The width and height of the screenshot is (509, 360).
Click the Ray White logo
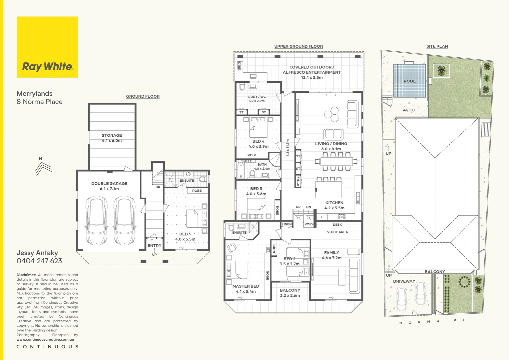pos(47,47)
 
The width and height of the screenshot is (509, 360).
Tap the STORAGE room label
pos(112,135)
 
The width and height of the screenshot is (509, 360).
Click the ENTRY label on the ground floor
pos(154,245)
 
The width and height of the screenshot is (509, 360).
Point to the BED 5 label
pos(185,234)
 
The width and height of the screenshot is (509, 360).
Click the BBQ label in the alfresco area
pos(239,65)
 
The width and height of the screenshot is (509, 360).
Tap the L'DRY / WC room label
pos(256,97)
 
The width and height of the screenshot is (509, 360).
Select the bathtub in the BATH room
pos(241,170)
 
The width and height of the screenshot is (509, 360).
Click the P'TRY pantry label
pos(298,181)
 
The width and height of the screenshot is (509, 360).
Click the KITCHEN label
pos(334,203)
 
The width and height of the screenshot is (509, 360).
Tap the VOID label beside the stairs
pos(309,224)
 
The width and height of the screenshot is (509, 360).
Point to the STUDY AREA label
pos(337,232)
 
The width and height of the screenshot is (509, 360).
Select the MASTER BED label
pos(246,286)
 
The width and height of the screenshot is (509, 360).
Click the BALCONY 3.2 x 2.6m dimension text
pos(290,295)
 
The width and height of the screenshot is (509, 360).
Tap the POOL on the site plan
pos(409,81)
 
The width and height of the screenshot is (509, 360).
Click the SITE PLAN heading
pos(437,46)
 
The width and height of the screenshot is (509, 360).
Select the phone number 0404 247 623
pos(39,261)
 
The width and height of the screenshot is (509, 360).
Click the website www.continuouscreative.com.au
pos(45,339)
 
